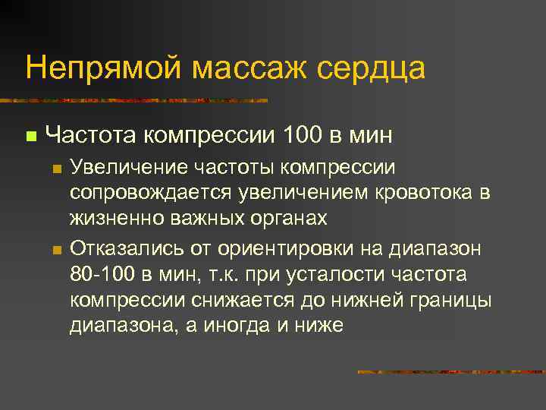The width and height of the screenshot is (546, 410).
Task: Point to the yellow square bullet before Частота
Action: coord(30,137)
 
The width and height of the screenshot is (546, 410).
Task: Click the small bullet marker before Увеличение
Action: coord(56,169)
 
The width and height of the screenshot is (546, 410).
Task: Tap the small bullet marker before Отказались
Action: coord(56,250)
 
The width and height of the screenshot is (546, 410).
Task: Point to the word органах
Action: coord(288,219)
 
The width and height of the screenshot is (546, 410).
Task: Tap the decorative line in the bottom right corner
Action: coord(450,372)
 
